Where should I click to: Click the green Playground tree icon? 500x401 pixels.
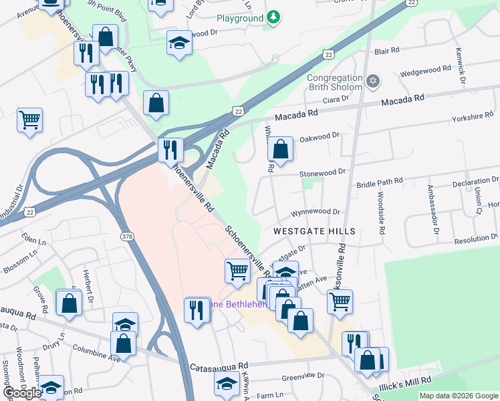(x=273, y=18)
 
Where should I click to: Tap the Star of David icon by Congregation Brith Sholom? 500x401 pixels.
(x=373, y=82)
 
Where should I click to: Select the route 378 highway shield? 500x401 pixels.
(x=127, y=237)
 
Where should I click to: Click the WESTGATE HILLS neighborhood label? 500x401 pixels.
(x=314, y=231)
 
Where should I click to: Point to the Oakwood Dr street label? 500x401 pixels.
(x=320, y=136)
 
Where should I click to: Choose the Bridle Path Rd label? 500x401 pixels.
(x=380, y=182)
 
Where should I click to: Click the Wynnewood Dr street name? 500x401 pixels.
(x=315, y=212)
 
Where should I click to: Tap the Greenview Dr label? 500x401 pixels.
(x=303, y=376)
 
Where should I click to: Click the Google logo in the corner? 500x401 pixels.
(x=22, y=393)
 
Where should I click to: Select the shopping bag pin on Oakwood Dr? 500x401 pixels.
(x=281, y=150)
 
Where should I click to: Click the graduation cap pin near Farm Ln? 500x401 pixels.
(x=227, y=383)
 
